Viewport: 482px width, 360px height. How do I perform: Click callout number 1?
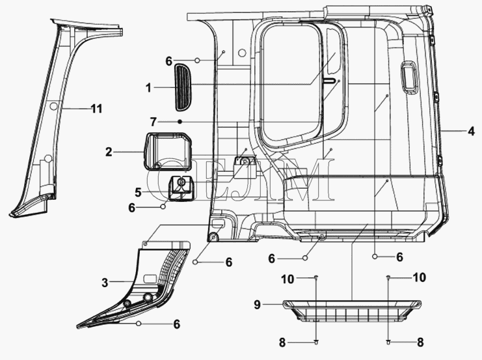tap(149, 86)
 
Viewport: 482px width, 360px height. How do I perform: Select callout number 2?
tap(109, 152)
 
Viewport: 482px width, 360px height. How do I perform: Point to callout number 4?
tap(470, 131)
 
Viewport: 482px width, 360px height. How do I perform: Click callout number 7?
tap(154, 122)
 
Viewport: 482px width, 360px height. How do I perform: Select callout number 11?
tap(96, 109)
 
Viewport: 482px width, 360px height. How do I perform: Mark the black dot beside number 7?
tap(179, 122)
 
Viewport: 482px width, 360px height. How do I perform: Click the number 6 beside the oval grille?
tap(169, 61)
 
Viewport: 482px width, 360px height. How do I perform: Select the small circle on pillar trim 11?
tap(55, 105)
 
